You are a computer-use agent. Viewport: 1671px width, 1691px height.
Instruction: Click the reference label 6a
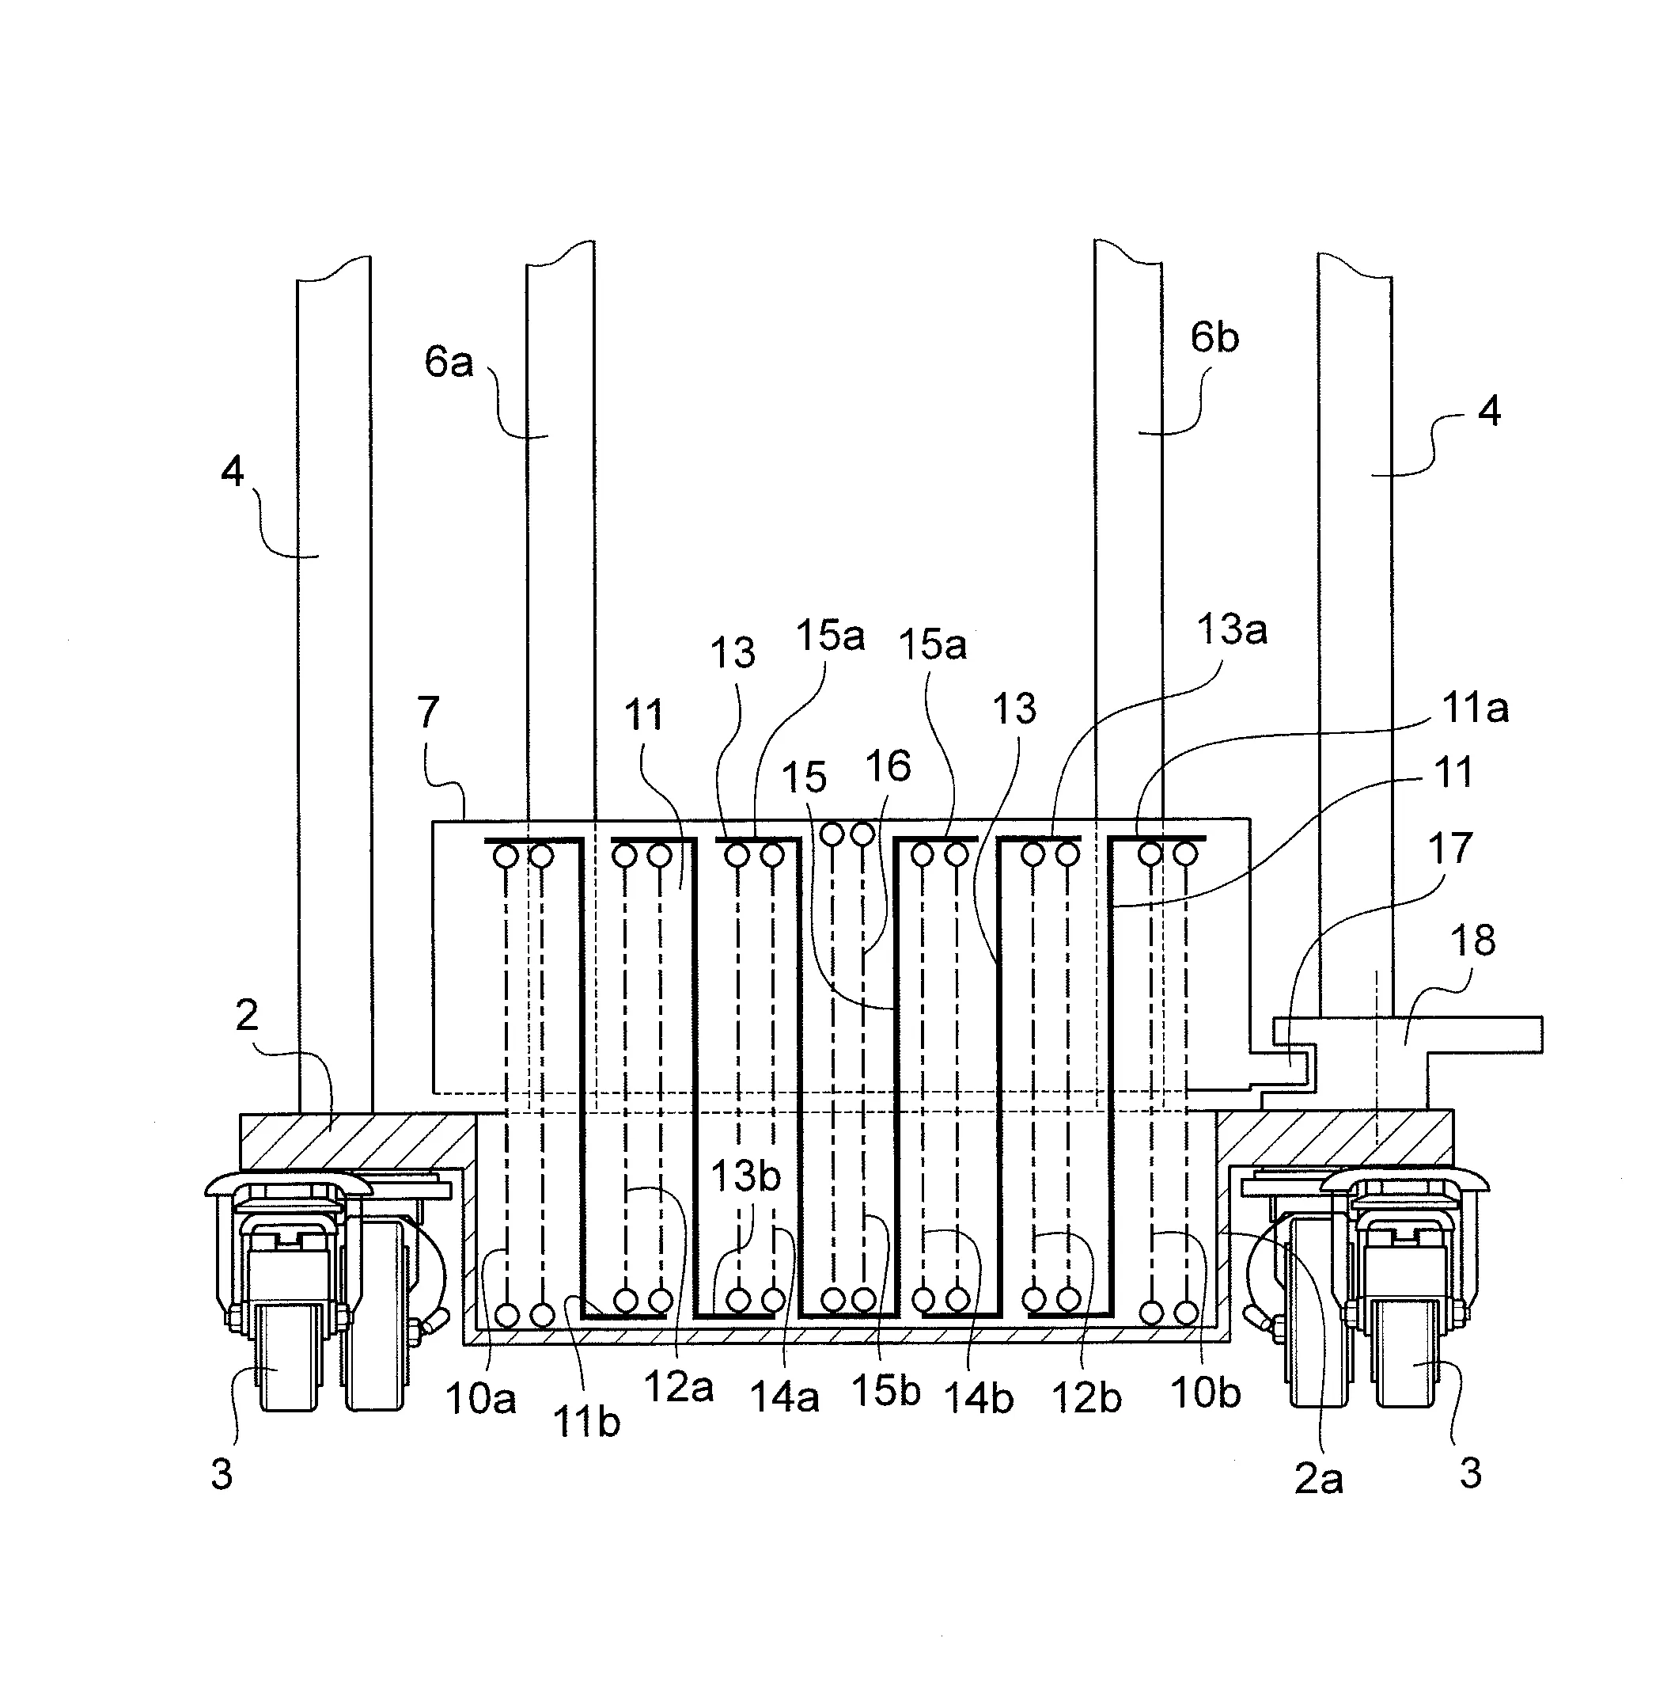click(448, 362)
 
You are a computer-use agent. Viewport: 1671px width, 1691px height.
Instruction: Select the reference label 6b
click(1214, 338)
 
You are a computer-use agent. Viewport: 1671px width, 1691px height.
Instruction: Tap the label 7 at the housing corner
click(427, 712)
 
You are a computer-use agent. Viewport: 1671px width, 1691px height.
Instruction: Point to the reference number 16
click(887, 766)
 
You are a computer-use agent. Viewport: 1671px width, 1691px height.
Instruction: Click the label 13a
click(1231, 629)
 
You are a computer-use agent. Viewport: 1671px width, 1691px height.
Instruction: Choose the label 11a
click(1475, 707)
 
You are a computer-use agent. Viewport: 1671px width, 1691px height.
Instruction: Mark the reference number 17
click(1449, 847)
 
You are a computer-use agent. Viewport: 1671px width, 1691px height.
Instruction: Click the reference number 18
click(1473, 940)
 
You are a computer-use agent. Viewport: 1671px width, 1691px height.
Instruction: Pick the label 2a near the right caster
click(1317, 1478)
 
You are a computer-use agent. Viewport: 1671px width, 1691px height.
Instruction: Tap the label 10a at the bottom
click(480, 1398)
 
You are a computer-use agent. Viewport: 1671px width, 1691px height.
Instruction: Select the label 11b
click(586, 1423)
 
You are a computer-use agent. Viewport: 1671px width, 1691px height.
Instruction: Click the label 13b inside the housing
click(745, 1176)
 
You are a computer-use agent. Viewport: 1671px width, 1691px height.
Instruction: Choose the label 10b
click(1205, 1392)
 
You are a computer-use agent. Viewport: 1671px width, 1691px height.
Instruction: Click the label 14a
click(784, 1397)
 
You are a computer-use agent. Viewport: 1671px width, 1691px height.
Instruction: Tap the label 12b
click(1086, 1397)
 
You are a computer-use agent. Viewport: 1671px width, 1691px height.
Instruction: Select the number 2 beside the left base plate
click(247, 1015)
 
